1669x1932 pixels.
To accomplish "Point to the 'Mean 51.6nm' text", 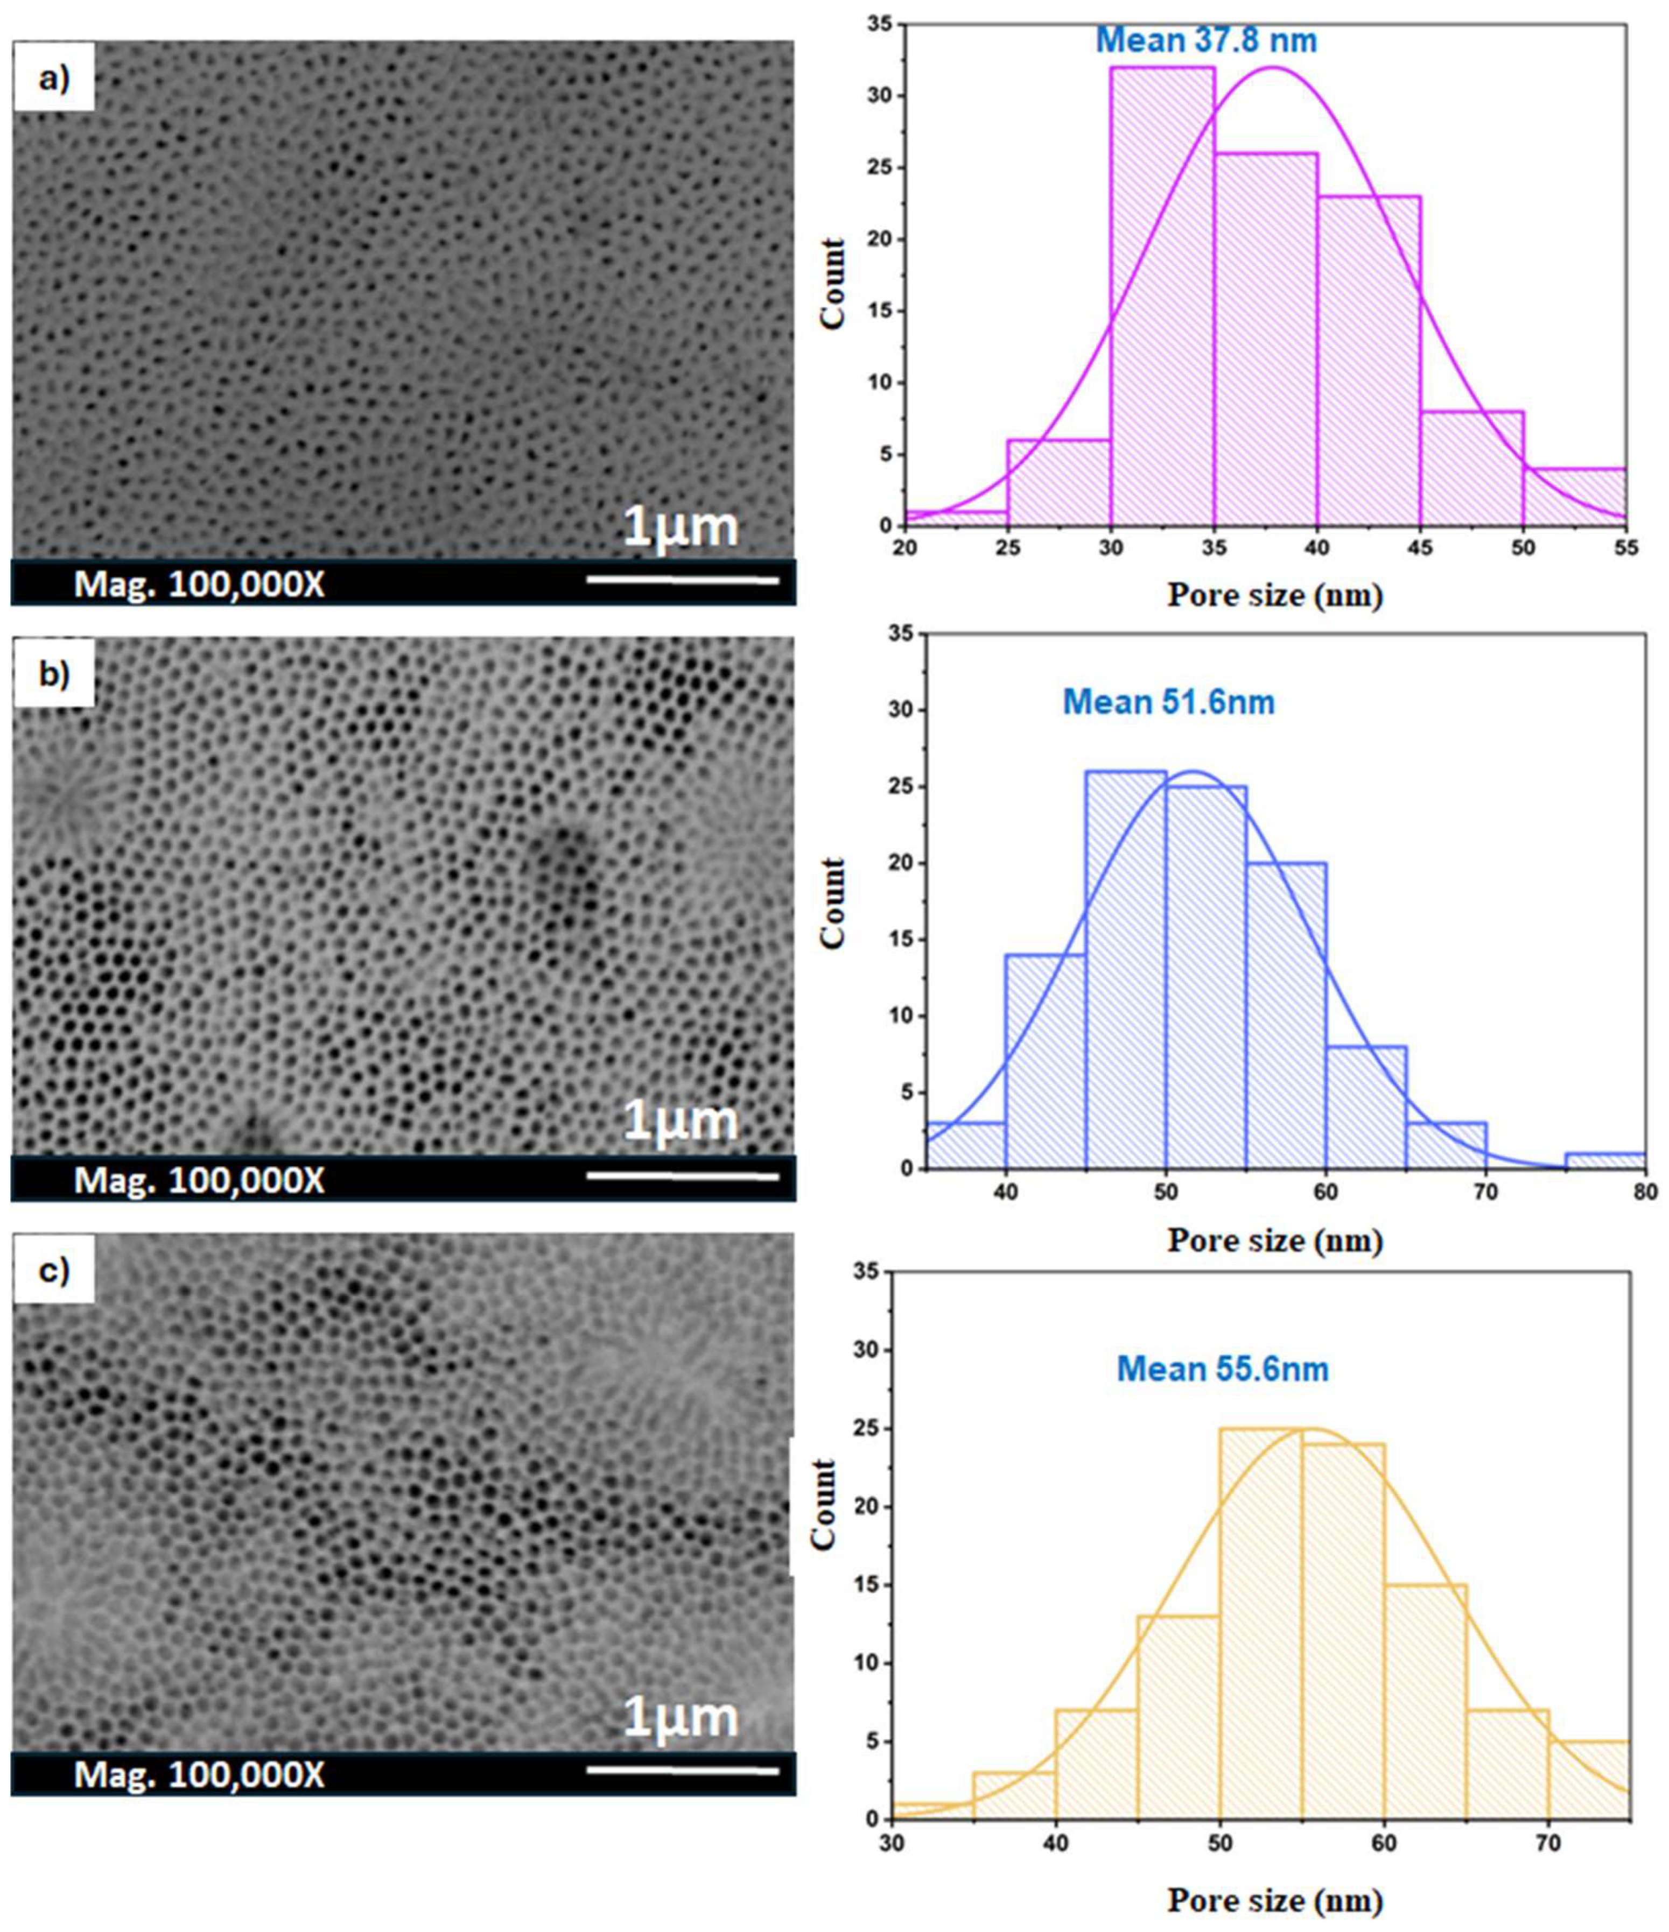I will [1168, 701].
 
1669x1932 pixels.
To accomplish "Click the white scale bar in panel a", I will [682, 581].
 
